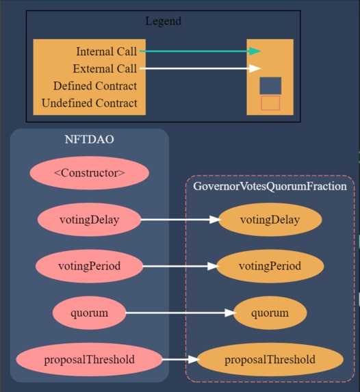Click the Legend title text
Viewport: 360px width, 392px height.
pyautogui.click(x=163, y=21)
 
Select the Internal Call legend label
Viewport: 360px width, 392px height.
pyautogui.click(x=106, y=51)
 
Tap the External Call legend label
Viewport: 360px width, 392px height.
pyautogui.click(x=105, y=68)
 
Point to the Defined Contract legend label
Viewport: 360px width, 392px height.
pyautogui.click(x=94, y=86)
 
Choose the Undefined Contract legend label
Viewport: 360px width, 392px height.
pyautogui.click(x=89, y=103)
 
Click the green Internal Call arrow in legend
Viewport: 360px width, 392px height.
pyautogui.click(x=198, y=51)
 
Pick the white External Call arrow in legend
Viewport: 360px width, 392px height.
pyautogui.click(x=198, y=68)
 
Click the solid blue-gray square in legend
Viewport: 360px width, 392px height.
pyautogui.click(x=270, y=86)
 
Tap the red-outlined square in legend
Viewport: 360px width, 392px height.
pyautogui.click(x=270, y=103)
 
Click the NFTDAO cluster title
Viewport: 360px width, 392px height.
pyautogui.click(x=89, y=140)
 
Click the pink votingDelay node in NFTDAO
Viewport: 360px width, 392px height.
pyautogui.click(x=89, y=220)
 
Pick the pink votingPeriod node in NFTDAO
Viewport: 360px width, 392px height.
pyautogui.click(x=89, y=266)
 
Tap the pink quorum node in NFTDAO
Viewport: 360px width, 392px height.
pyautogui.click(x=89, y=313)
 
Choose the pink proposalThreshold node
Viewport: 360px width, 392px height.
pyautogui.click(x=89, y=359)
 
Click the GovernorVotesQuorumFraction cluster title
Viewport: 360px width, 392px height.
pyautogui.click(x=270, y=186)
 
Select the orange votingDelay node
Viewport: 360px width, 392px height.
pyautogui.click(x=270, y=220)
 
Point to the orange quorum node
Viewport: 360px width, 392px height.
pyautogui.click(x=270, y=313)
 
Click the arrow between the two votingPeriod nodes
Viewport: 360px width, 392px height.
pyautogui.click(x=178, y=266)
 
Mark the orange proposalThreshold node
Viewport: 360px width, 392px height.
pyautogui.click(x=270, y=360)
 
